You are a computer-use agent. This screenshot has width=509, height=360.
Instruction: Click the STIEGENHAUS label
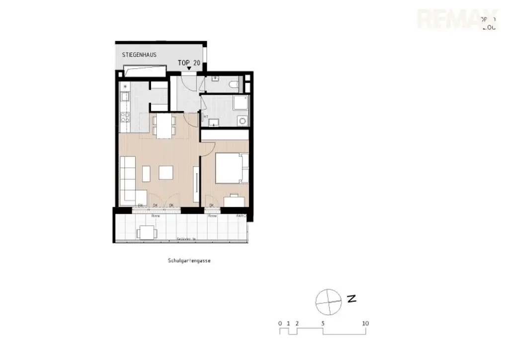139,55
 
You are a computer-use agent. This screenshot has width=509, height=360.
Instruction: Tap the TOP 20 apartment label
189,63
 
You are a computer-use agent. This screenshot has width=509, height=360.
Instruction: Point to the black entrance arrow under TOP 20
189,69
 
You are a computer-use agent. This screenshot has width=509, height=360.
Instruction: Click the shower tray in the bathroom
241,103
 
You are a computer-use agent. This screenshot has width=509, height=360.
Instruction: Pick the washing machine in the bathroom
242,120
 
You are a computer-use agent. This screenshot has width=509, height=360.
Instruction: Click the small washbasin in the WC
215,79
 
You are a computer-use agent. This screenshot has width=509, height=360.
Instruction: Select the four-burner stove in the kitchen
126,117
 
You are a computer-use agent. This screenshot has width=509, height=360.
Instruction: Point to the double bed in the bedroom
231,168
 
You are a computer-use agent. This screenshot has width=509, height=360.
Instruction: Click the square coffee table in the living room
166,172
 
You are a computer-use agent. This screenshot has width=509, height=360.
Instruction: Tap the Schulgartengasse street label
189,260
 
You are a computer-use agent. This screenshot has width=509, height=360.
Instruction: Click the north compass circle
329,301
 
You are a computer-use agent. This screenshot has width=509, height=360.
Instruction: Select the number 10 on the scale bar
365,323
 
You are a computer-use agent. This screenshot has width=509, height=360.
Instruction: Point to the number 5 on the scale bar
323,323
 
